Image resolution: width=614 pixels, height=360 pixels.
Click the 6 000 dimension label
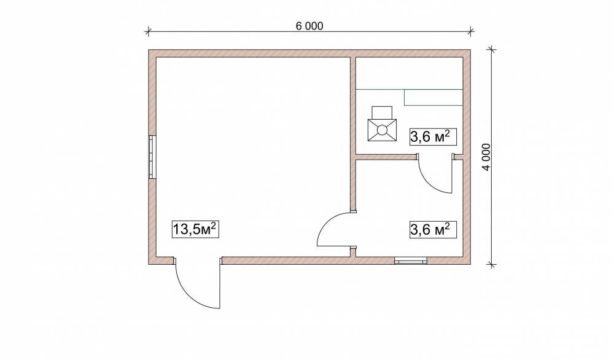point(309,26)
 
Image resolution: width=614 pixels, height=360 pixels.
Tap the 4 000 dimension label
point(486,157)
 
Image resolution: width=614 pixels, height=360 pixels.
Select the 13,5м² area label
point(195,229)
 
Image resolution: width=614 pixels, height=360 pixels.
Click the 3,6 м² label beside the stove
point(433,137)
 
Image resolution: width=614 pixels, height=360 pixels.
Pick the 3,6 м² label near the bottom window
point(433,229)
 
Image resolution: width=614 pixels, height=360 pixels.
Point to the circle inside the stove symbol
point(382,129)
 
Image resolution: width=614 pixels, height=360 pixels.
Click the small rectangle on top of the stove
point(382,112)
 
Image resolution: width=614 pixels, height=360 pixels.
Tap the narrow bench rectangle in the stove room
point(433,98)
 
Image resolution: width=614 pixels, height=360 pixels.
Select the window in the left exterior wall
point(152,157)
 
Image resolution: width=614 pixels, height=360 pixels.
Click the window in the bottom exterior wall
point(410,260)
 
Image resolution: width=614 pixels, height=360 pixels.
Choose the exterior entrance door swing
point(198,283)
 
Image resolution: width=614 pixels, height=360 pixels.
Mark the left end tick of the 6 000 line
point(148,31)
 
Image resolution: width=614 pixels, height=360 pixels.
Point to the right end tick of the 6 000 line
point(471,31)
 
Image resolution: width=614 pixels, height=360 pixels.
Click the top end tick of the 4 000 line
point(491,50)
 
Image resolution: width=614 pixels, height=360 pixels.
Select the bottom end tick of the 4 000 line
point(491,264)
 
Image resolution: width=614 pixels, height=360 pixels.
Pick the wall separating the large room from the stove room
point(353,106)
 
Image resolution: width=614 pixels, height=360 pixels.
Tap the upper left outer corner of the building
point(149,50)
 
